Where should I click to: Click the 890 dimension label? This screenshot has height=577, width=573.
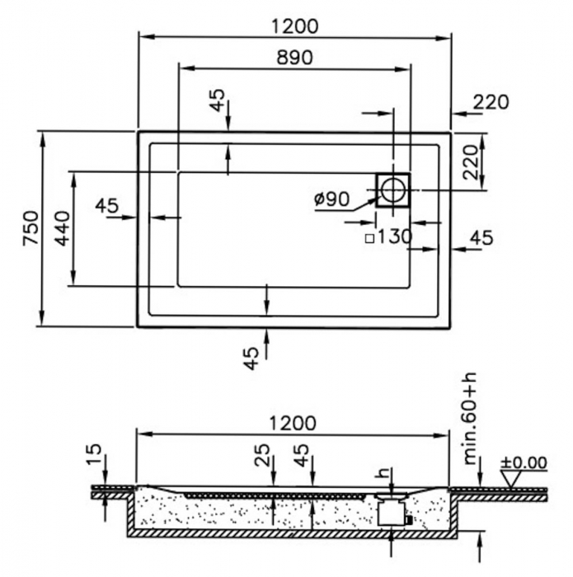(294, 58)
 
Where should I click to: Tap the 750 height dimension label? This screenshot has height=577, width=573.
(31, 228)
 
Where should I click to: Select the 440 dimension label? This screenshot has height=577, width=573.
(62, 228)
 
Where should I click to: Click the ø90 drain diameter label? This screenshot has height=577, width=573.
(331, 199)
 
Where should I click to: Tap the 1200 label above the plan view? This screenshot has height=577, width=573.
(294, 26)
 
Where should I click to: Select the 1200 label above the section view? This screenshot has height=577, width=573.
(293, 424)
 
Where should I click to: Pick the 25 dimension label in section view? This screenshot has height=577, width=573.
(262, 456)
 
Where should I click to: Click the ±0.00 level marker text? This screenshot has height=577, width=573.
(524, 462)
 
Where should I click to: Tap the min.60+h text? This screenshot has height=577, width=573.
(470, 419)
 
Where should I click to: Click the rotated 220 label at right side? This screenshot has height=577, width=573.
(470, 162)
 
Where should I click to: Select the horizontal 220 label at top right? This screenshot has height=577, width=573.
(491, 102)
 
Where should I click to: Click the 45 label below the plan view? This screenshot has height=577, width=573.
(251, 359)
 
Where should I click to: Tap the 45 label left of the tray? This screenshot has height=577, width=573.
(106, 205)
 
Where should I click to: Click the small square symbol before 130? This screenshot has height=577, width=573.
(369, 239)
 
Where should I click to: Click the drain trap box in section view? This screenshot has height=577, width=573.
(392, 513)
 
